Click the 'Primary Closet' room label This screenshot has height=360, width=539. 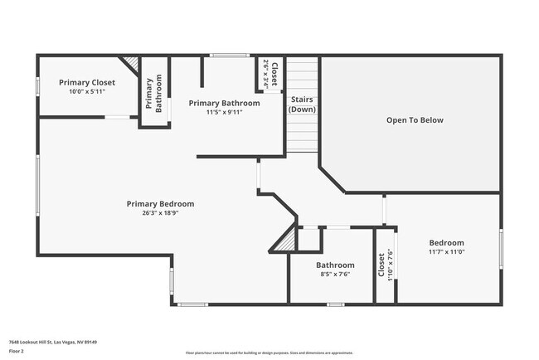pyautogui.click(x=86, y=82)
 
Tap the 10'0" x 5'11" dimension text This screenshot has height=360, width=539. pyautogui.click(x=86, y=91)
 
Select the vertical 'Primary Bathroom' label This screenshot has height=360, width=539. pyautogui.click(x=153, y=94)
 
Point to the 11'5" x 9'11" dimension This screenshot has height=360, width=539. pyautogui.click(x=224, y=113)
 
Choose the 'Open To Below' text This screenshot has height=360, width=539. pyautogui.click(x=415, y=120)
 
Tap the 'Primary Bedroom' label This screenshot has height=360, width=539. pyautogui.click(x=160, y=203)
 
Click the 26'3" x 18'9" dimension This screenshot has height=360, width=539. pyautogui.click(x=160, y=212)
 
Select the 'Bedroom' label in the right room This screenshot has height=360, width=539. pyautogui.click(x=446, y=242)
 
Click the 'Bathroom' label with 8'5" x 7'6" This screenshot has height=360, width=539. pyautogui.click(x=335, y=265)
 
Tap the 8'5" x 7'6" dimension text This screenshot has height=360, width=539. pyautogui.click(x=335, y=275)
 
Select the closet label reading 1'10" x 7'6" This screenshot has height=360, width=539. pyautogui.click(x=385, y=265)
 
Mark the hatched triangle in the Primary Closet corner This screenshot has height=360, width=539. pyautogui.click(x=131, y=64)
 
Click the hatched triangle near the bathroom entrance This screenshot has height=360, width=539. pyautogui.click(x=286, y=241)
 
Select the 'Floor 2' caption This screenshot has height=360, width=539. pyautogui.click(x=17, y=351)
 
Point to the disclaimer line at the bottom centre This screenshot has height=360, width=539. pyautogui.click(x=269, y=353)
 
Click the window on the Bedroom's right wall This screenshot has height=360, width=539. pyautogui.click(x=501, y=248)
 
